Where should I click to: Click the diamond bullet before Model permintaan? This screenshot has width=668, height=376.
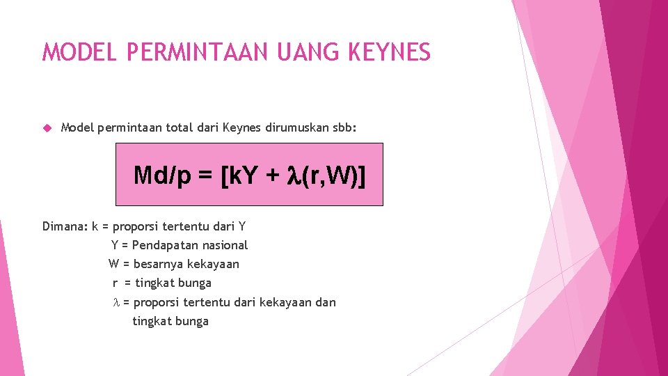(x=47, y=127)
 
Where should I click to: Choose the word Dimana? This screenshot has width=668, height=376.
(x=65, y=226)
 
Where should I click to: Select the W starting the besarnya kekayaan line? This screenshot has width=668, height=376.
(x=113, y=264)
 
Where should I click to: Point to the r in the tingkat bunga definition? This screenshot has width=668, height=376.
(x=115, y=283)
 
